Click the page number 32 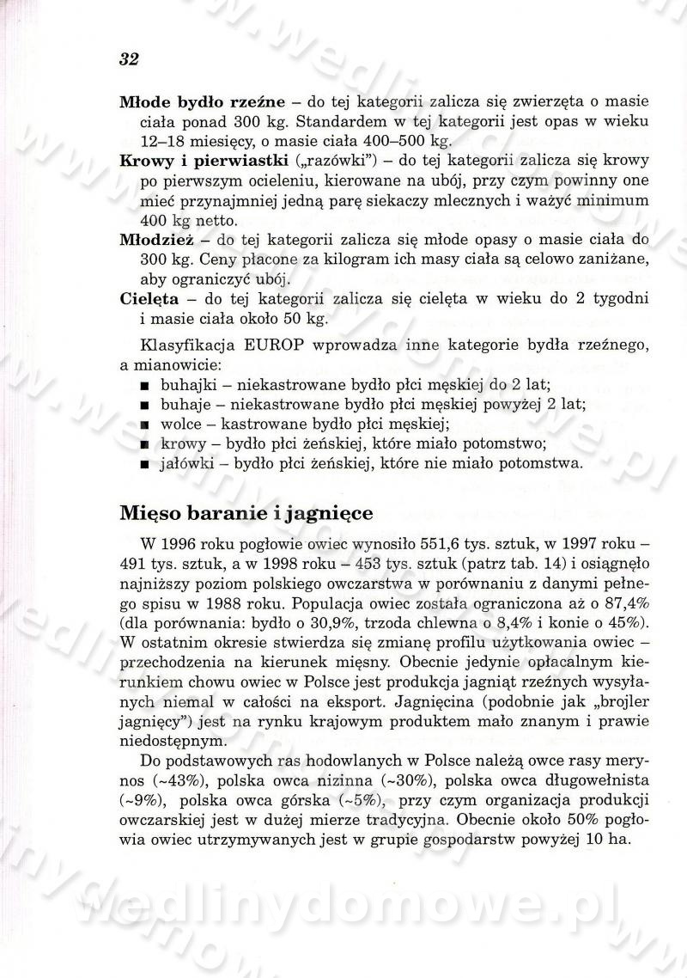click(130, 59)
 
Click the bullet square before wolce click(144, 425)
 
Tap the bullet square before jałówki click(144, 466)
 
